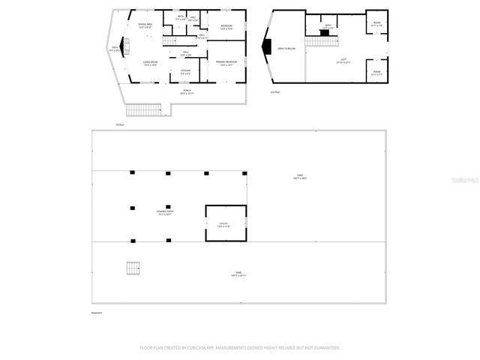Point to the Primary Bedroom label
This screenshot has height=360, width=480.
tap(226, 63)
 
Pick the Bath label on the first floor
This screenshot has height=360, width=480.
tap(181, 18)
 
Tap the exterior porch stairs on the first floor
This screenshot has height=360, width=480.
tap(144, 111)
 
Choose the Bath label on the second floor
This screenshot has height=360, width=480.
tap(327, 26)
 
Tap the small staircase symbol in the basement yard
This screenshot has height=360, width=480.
tap(133, 268)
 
